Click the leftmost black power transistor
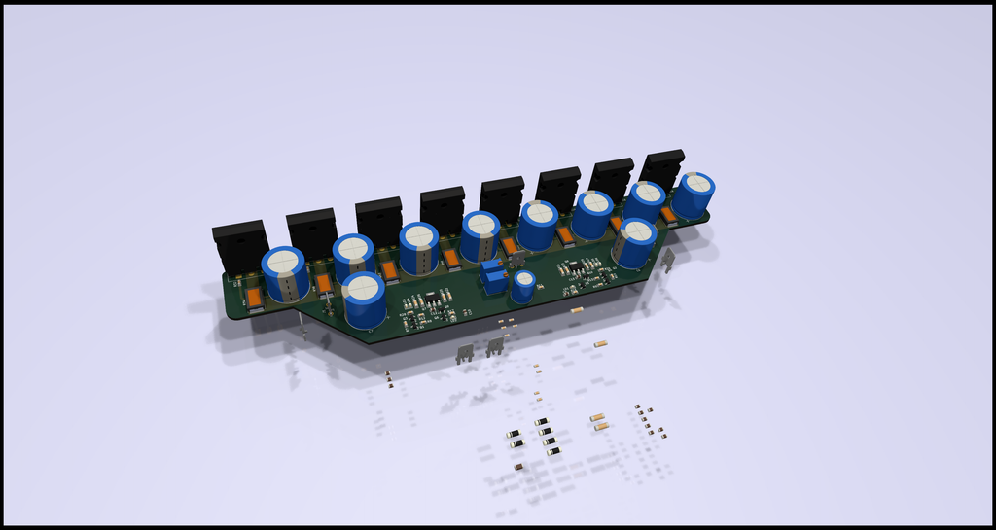pos(240,245)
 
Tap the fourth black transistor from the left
pos(443,208)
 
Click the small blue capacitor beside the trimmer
pos(524,286)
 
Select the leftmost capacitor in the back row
pos(285,273)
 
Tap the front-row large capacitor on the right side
pos(634,243)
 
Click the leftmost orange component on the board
pos(252,299)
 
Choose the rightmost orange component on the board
pos(668,215)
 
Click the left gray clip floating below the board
pos(465,353)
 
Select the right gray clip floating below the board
pos(495,344)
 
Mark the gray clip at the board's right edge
pos(668,260)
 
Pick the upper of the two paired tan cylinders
pos(598,417)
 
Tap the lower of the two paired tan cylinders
pos(601,426)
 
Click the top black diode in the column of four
pos(542,422)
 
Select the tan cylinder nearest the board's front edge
pos(577,310)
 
